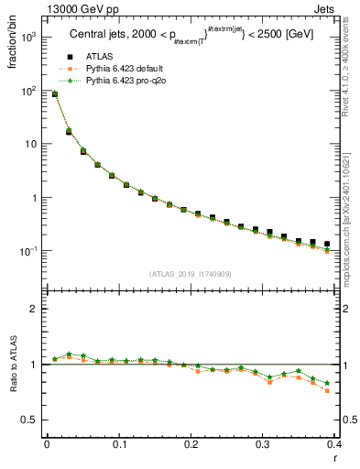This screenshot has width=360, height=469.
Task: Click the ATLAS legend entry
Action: pos(102,58)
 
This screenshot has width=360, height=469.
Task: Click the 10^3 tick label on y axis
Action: pos(28,38)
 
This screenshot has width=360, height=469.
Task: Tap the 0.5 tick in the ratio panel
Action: pos(31,420)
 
